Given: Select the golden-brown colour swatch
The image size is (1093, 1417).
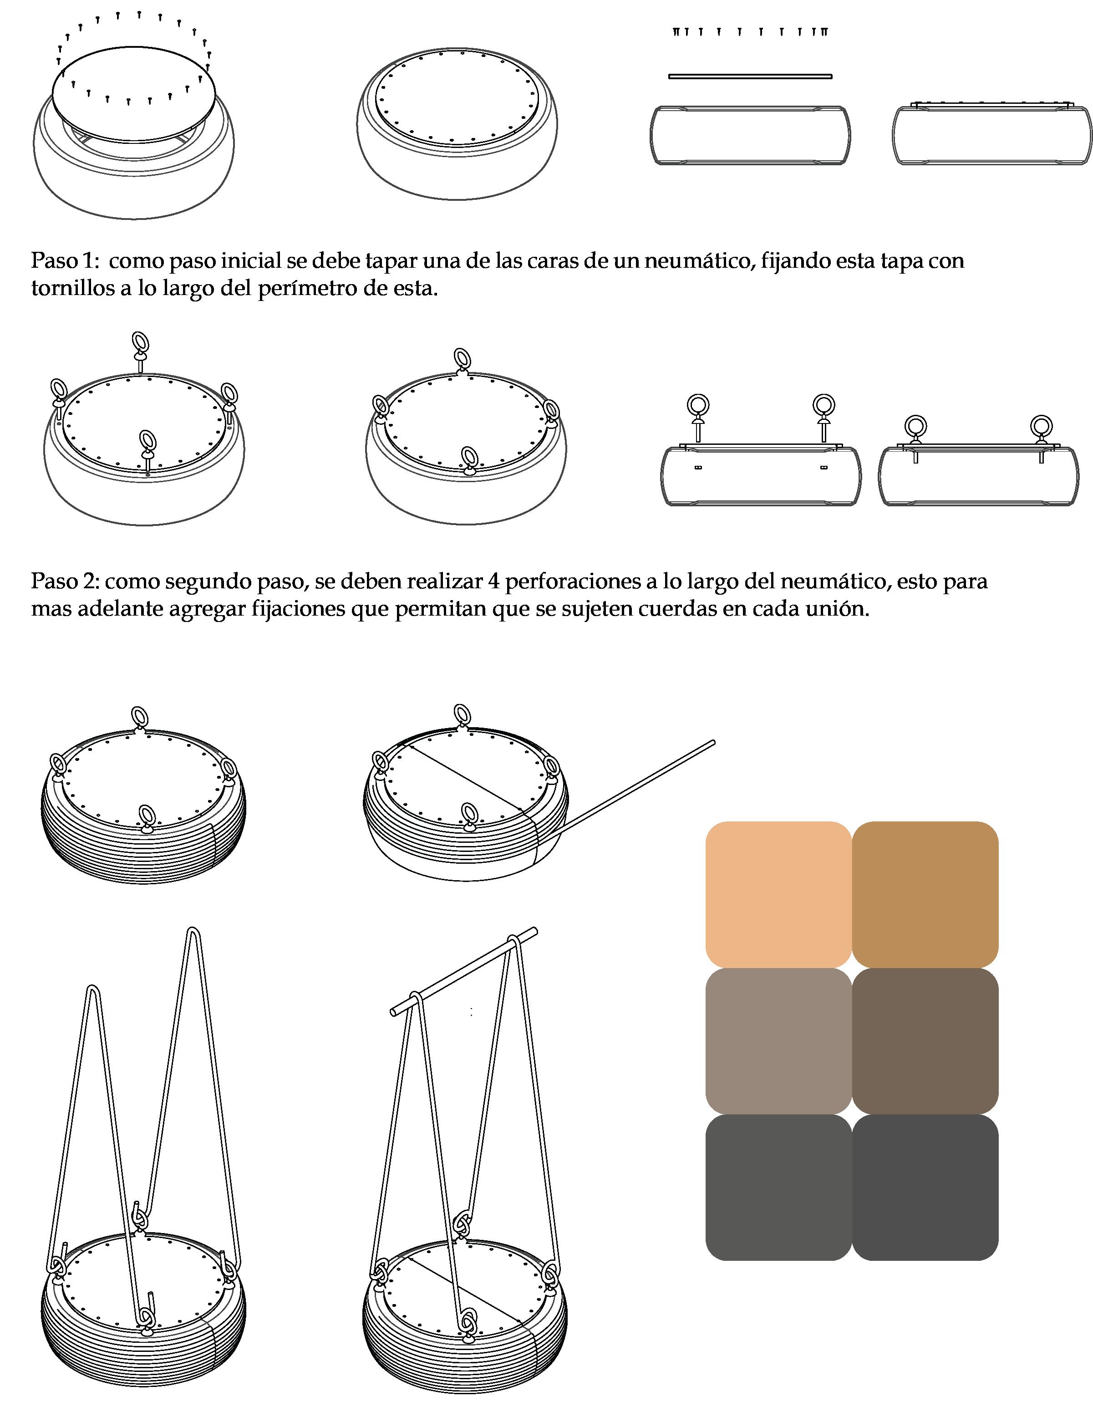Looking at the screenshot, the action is click(x=925, y=895).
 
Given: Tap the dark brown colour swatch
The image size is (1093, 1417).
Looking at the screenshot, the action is click(x=925, y=1041).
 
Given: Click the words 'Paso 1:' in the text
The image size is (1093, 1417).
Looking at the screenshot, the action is click(x=65, y=261).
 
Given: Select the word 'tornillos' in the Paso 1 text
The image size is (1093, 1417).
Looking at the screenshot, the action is click(x=73, y=289).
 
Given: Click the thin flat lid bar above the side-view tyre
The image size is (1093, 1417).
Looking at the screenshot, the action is click(x=750, y=76).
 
